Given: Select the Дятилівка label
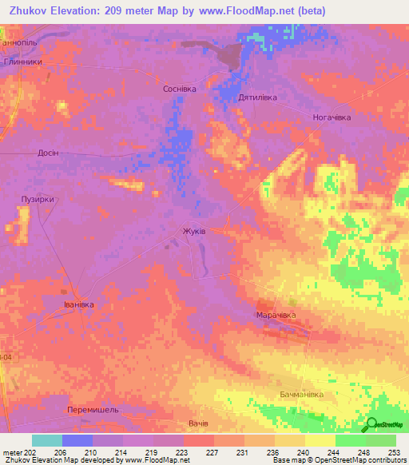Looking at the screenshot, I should [257, 97].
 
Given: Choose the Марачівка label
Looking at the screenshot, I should [276, 316].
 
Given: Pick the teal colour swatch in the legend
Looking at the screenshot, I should [47, 440].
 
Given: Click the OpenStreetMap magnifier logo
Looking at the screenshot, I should [371, 424].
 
